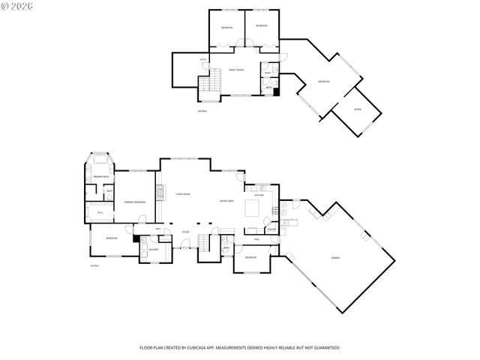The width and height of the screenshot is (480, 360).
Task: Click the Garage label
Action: pos(335,257)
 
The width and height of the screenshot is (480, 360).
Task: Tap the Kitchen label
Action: pos(259,195)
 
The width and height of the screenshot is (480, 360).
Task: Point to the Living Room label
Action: pos(182,194)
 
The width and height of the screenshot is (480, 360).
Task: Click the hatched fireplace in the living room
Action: pos(159,194)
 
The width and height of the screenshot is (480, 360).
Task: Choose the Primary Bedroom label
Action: pos(134,202)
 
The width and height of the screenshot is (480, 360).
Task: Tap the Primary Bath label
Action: pos(100,176)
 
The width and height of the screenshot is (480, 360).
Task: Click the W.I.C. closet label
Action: pos(100,212)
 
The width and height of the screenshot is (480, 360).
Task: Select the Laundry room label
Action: pos(152,248)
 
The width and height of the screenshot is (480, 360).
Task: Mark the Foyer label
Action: pos(185,232)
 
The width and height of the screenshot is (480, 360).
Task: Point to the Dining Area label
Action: pos(225,200)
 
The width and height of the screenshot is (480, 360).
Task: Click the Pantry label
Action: pos(272,229)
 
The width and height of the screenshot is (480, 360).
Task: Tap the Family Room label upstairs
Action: pos(235,70)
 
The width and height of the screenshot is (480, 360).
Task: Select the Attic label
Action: pos(203,59)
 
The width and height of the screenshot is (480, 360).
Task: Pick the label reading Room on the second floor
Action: pos(358,109)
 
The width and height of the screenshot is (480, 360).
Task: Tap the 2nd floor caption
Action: pos(201,111)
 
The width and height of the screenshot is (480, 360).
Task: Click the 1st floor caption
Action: pos(94,265)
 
